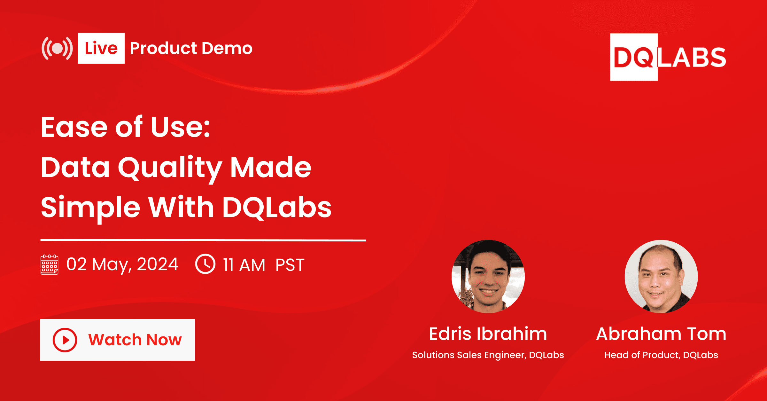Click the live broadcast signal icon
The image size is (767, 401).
57,48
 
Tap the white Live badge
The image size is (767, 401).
101,48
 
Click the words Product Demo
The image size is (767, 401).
191,48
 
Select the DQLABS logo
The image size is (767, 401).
668,57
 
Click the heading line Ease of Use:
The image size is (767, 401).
126,127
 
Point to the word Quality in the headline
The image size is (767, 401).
170,168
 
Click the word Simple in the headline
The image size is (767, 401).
91,208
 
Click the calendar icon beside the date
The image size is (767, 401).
50,264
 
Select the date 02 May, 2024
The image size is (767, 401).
122,265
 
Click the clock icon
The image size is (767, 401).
205,264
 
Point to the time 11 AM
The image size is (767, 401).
244,265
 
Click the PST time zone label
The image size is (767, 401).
290,265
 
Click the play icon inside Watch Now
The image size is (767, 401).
65,340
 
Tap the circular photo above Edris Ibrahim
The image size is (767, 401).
488,276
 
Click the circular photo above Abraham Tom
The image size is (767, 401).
661,276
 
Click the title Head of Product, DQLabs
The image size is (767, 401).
661,355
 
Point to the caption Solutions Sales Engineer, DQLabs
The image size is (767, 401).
488,355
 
